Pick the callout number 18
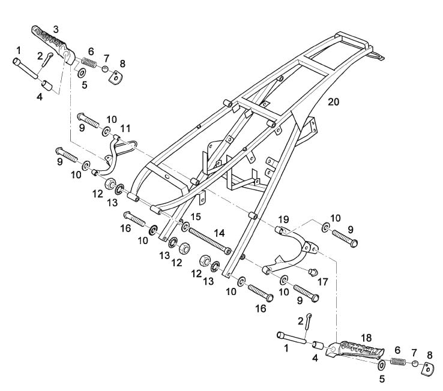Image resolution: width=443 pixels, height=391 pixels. point(367,338)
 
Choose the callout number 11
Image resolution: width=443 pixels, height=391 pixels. point(125,128)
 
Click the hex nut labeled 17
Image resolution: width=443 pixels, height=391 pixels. point(312,272)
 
